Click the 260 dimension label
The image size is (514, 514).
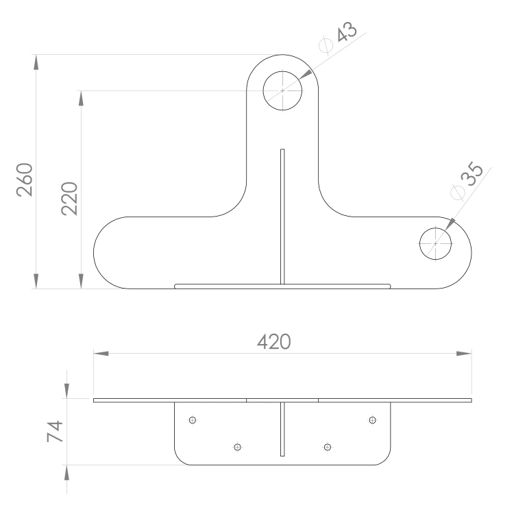tap(25, 180)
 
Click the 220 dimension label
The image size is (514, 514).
tap(69, 199)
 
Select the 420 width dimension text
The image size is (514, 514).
tap(273, 341)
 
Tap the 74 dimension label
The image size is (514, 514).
tap(55, 431)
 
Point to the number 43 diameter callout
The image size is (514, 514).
tap(347, 32)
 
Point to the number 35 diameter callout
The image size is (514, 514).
tap(472, 174)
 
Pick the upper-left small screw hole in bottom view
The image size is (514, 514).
tap(193, 420)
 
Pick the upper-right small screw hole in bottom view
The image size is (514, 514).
tap(372, 420)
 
